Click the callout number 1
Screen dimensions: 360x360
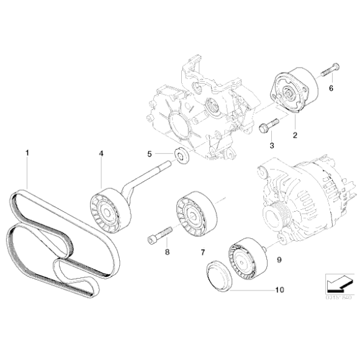click(26, 151)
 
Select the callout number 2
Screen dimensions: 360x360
click(295, 134)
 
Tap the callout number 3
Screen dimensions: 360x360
click(271, 145)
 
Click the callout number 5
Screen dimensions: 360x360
click(149, 154)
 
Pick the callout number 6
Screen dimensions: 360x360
click(331, 89)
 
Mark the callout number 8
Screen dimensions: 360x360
click(166, 252)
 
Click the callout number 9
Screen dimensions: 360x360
click(279, 262)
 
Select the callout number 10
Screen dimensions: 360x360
click(278, 289)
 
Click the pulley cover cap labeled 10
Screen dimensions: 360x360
click(217, 276)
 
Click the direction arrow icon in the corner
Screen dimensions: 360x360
click(336, 285)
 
